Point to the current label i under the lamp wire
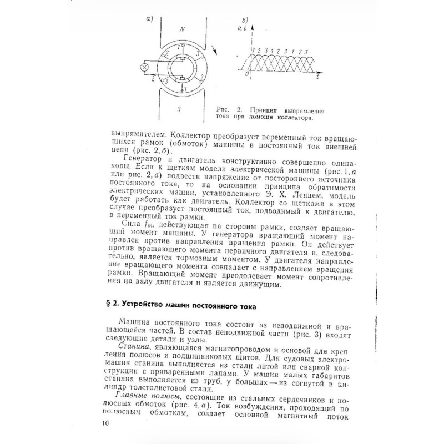point(152,78)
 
